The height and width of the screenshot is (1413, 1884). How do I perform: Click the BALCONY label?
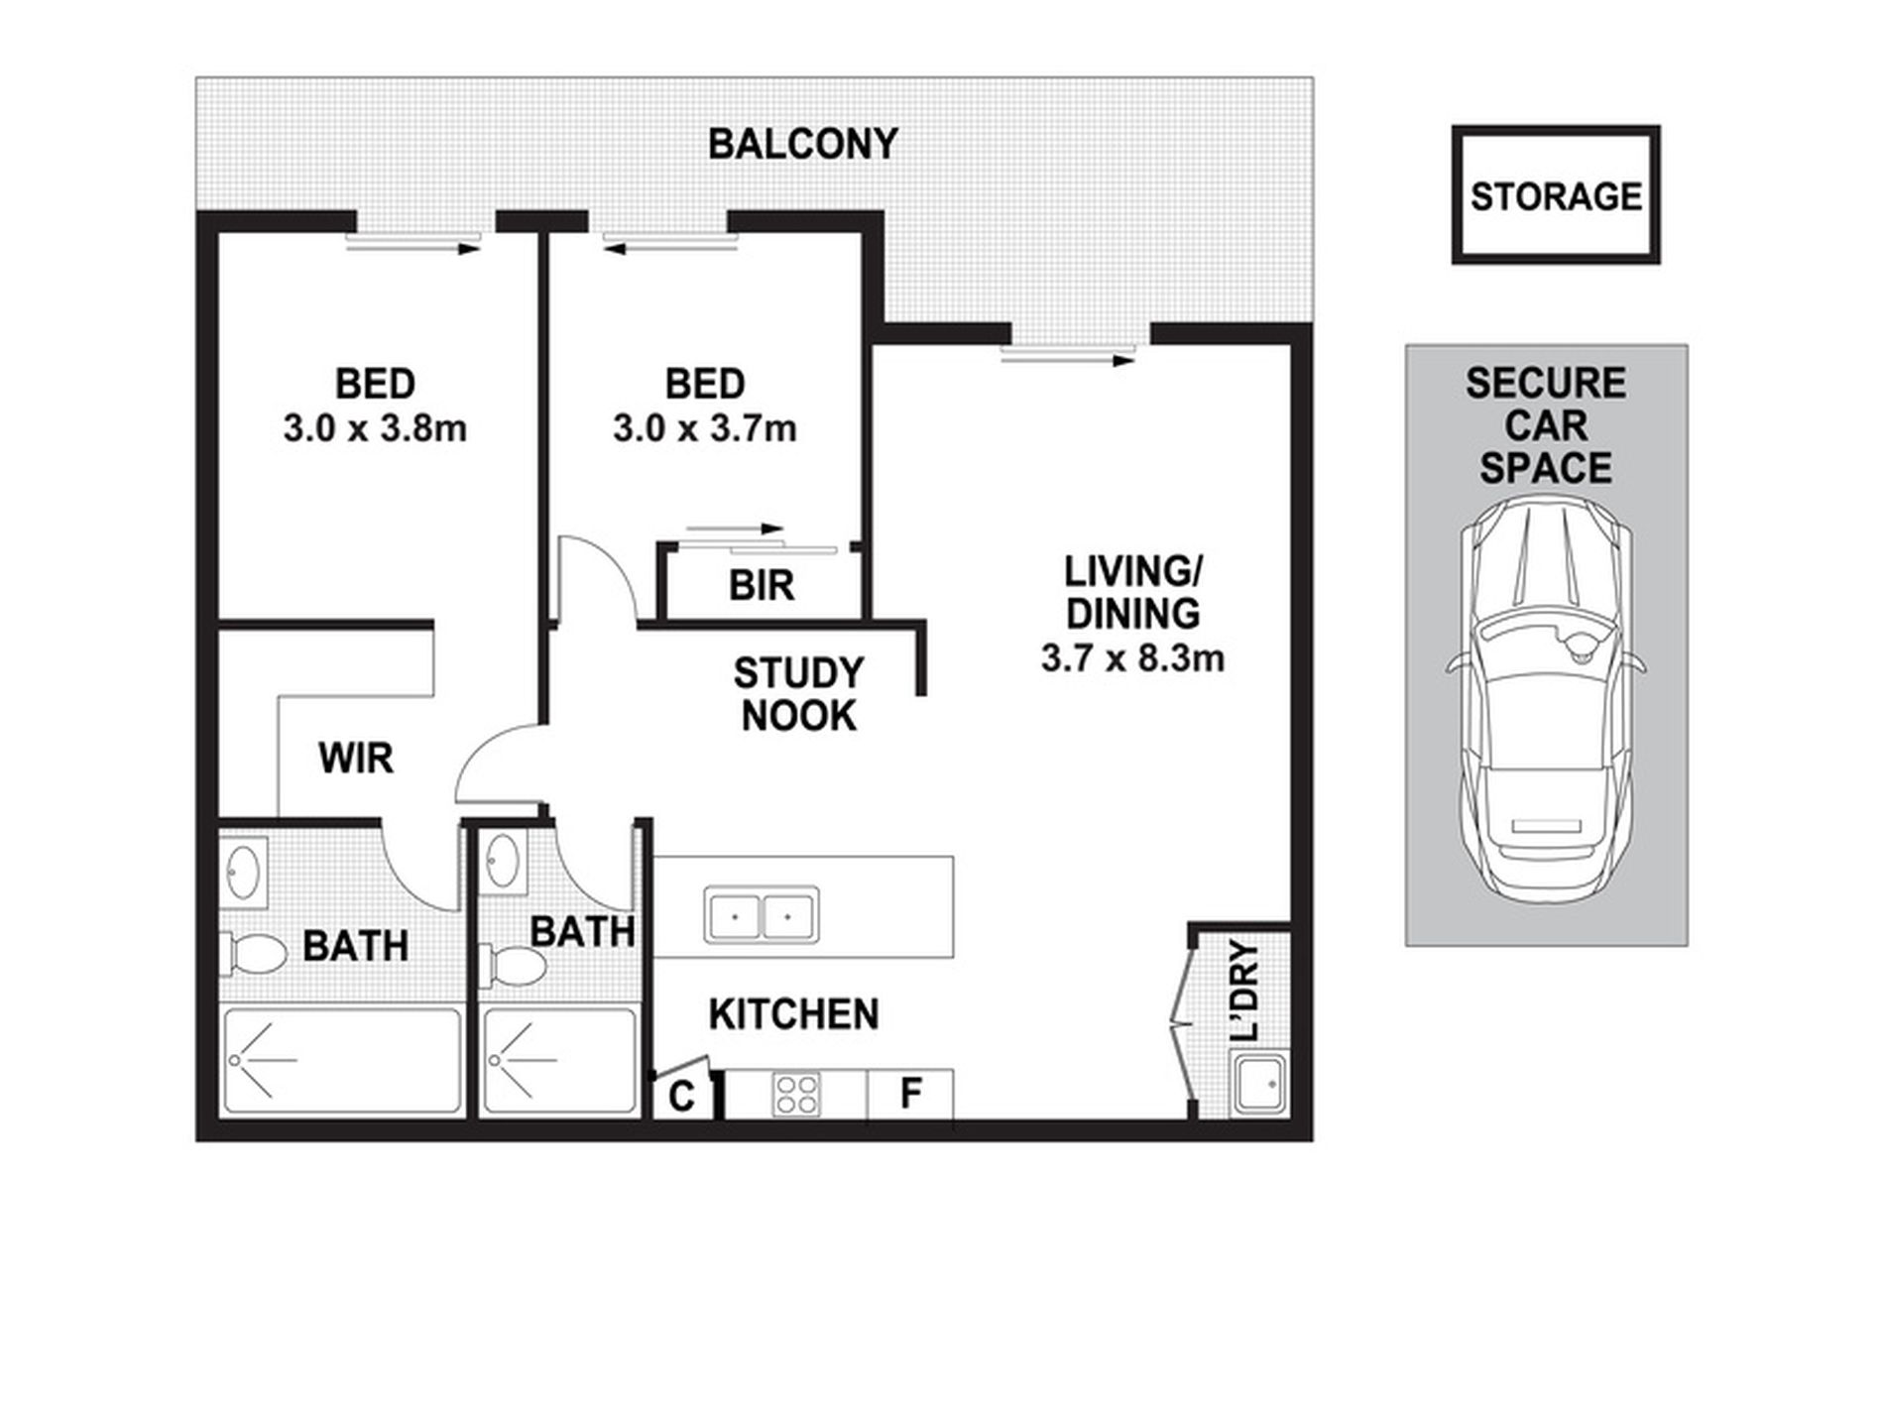coord(802,145)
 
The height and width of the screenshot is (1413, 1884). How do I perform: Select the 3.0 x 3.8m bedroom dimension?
coord(375,428)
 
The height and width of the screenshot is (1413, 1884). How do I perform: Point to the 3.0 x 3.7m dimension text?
coord(704,428)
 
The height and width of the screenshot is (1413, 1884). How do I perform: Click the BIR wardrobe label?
coord(762,586)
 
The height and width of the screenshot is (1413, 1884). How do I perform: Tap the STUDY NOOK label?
coord(798,694)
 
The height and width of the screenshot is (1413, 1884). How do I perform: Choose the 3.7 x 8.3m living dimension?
coord(1132,657)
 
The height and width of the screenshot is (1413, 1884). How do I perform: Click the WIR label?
coord(356,759)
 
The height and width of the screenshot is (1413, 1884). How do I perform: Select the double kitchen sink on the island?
coord(761,913)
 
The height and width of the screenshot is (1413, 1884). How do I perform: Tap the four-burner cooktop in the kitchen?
coord(797,1096)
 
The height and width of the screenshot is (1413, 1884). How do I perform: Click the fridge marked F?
coord(910,1095)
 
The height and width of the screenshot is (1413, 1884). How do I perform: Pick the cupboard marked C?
coord(681,1096)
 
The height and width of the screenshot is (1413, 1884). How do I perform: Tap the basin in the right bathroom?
coord(503,860)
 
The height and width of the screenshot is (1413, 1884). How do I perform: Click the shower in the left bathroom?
coord(342,1060)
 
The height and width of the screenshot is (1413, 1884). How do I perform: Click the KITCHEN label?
coord(794,1014)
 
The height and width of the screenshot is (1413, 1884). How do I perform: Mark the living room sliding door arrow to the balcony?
coord(1068,361)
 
